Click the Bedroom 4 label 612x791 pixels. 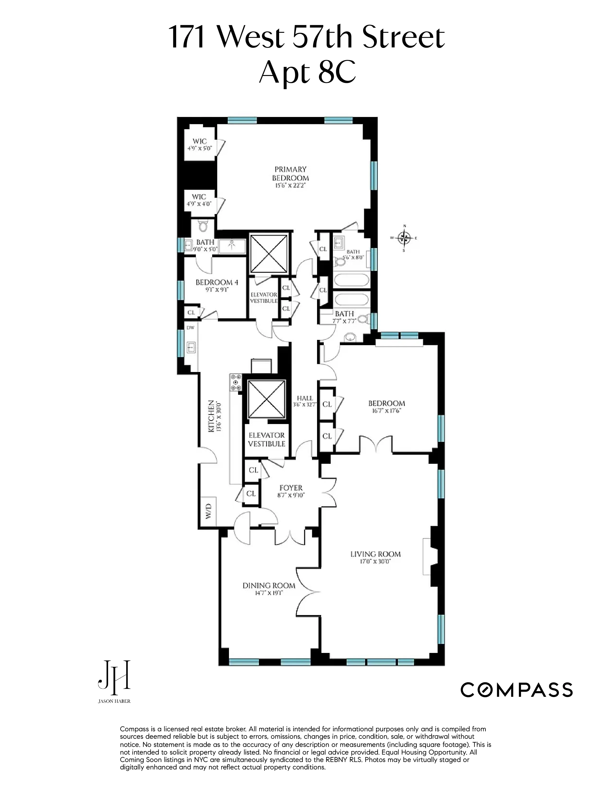(x=217, y=282)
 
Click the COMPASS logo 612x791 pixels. (x=516, y=690)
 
